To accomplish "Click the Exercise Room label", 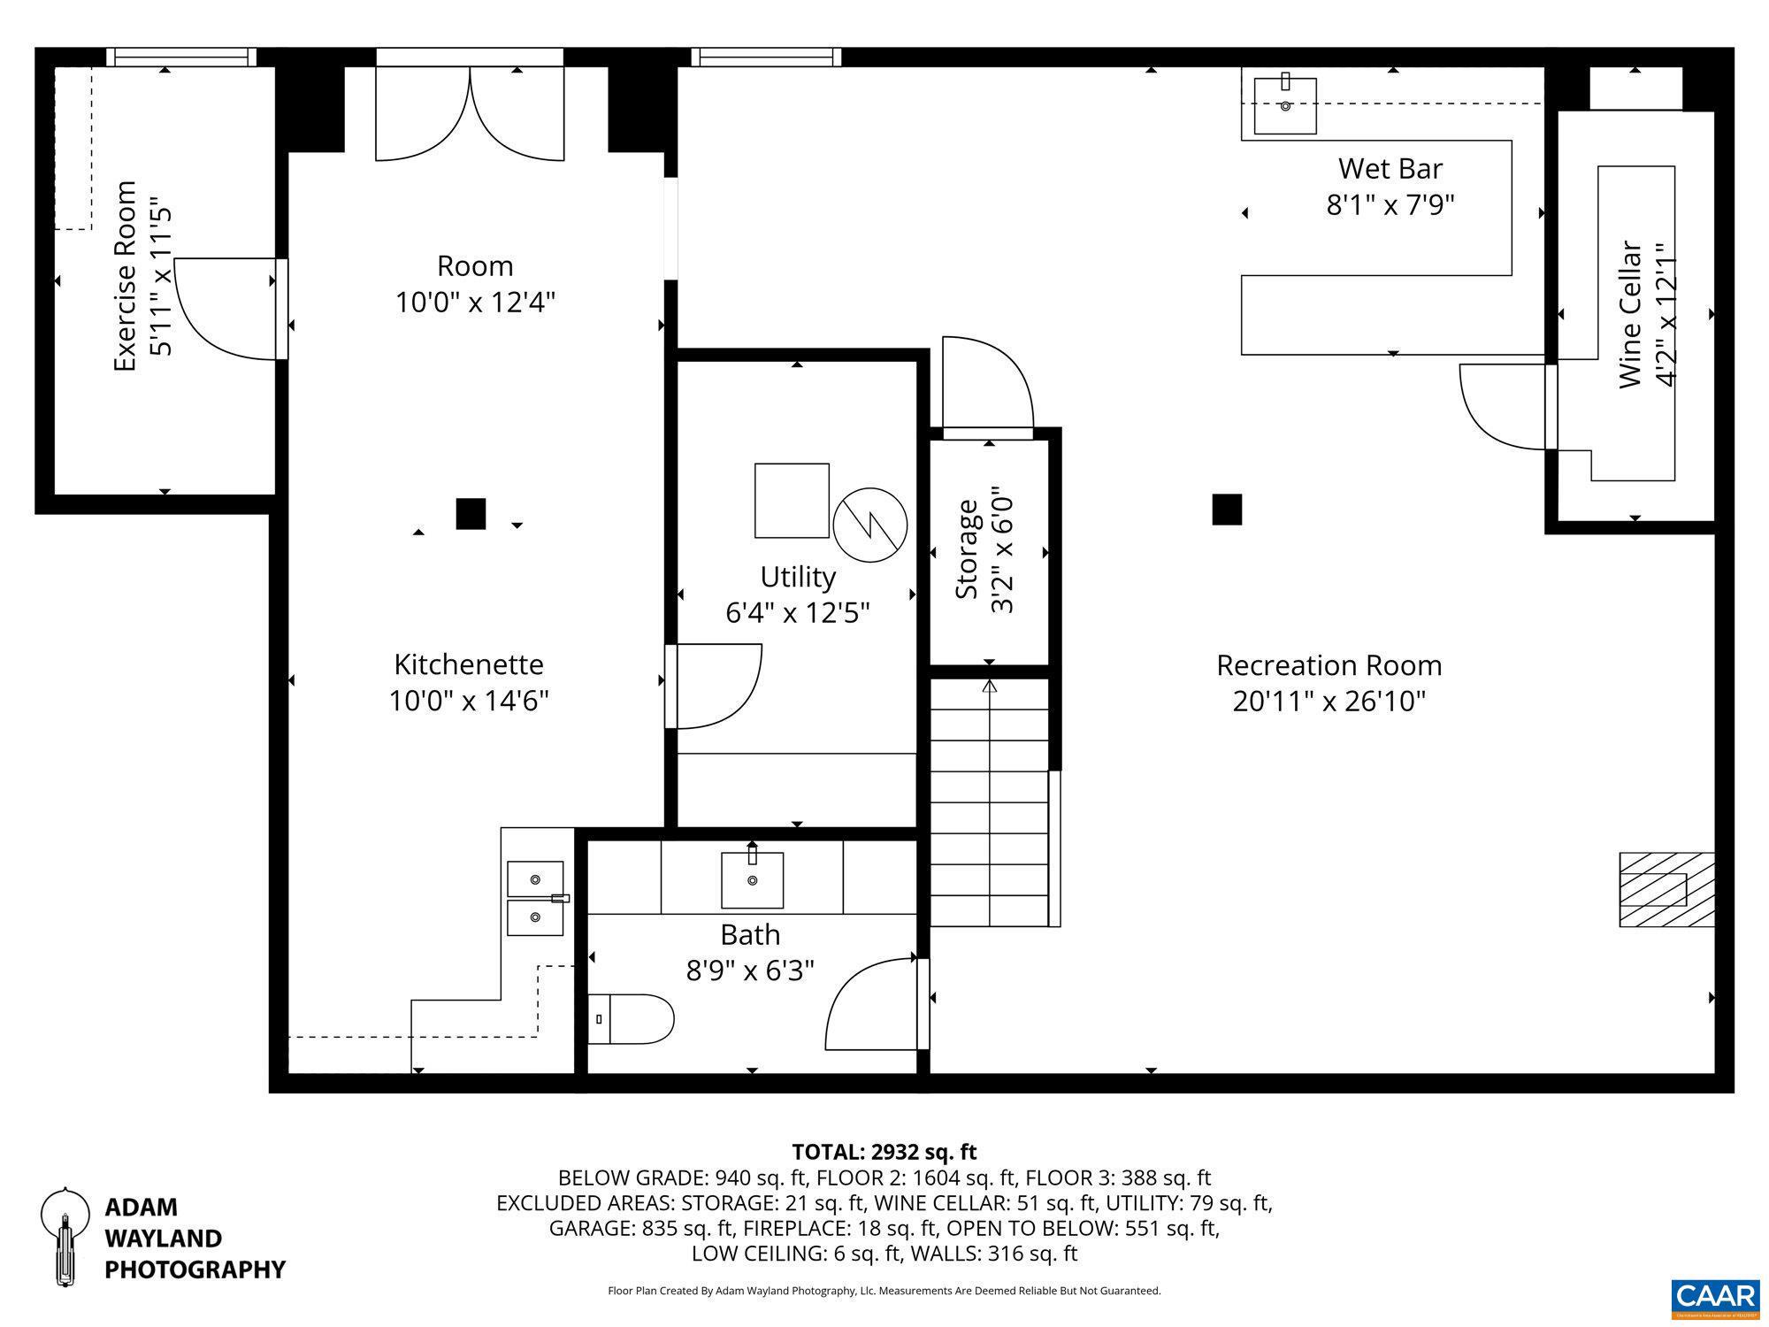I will (x=126, y=276).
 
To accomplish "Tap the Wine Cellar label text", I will (x=1630, y=315).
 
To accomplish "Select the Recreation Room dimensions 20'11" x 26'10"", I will (x=1329, y=702).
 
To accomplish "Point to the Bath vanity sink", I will (x=752, y=879).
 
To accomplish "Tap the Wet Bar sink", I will (x=1285, y=105).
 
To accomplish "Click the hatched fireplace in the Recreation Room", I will (x=1666, y=889).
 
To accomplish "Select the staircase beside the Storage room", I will (x=989, y=802).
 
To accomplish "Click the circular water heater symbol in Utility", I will (x=870, y=524).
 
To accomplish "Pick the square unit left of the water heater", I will (x=792, y=500).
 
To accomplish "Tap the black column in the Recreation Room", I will (x=1227, y=510).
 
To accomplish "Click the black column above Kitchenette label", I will (x=471, y=514).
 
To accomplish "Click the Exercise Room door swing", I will (x=226, y=310).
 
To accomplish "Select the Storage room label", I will (x=968, y=549).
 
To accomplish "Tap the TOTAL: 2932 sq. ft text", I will (x=884, y=1152).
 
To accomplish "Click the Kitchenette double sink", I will (x=535, y=898).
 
